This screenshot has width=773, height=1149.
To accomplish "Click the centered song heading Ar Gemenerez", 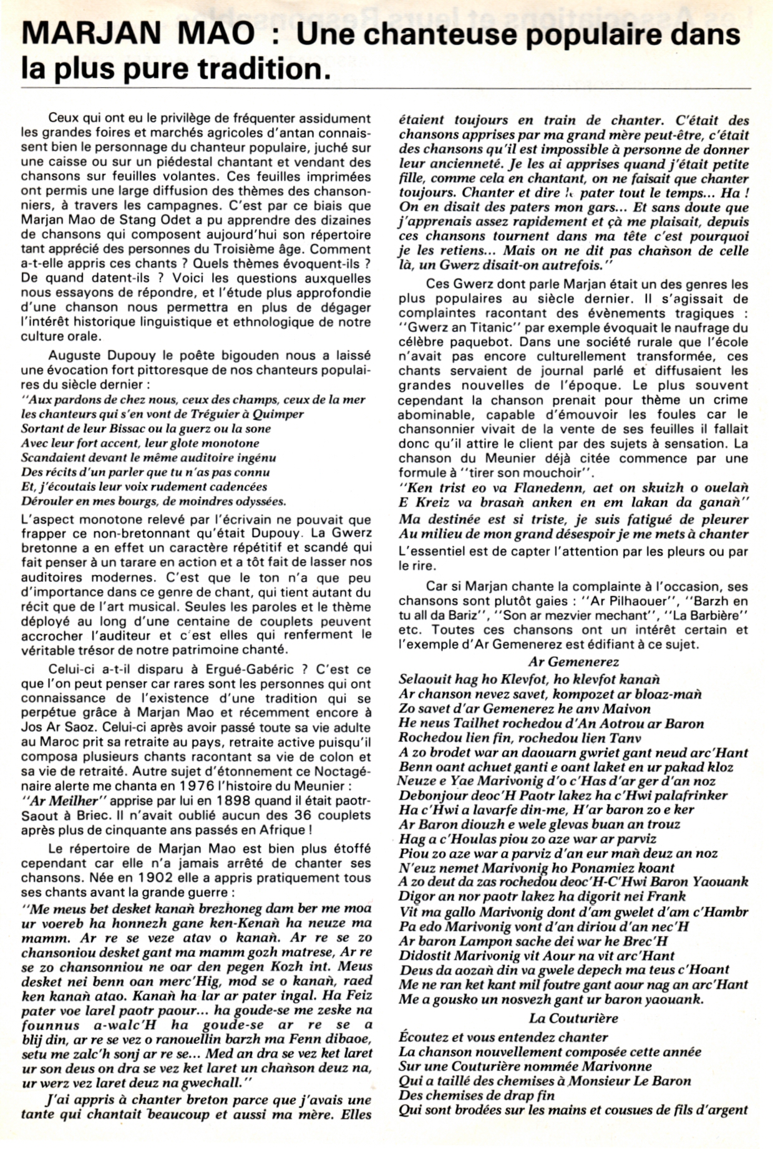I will pos(573,662).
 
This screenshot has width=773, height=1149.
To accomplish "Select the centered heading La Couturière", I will pos(573,1019).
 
